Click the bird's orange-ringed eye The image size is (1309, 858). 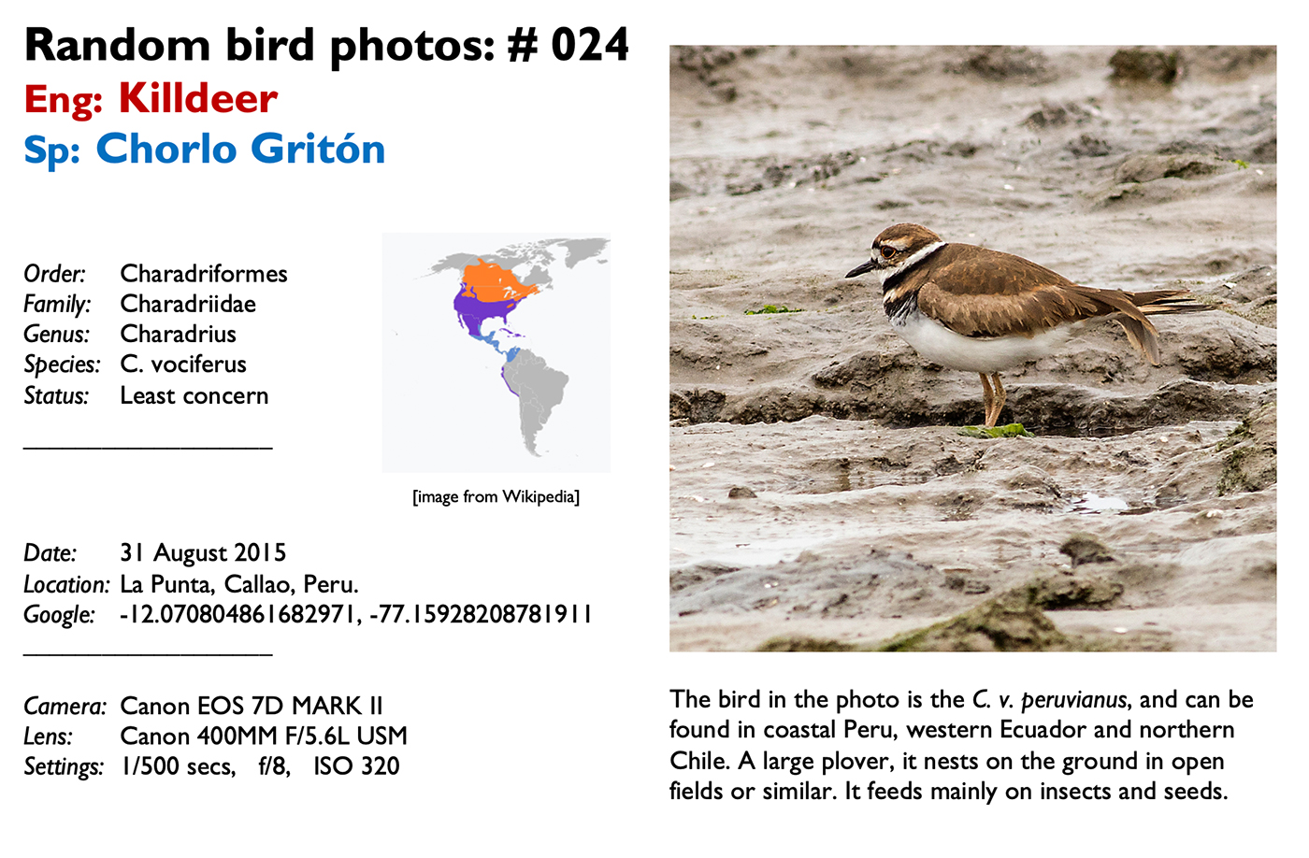coord(888,251)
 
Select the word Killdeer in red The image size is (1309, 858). coord(198,98)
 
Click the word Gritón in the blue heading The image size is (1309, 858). coord(318,148)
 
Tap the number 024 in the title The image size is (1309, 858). coord(590,45)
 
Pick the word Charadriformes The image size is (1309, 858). coord(204,273)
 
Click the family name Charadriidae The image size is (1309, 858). coord(188,304)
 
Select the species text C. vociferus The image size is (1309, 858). coord(183,364)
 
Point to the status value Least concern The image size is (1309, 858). coord(194,395)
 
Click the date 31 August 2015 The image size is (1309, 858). coord(203,552)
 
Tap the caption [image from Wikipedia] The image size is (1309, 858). coord(496,496)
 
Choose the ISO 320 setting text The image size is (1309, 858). coord(356,765)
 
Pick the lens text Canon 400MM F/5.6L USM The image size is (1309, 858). coord(264,736)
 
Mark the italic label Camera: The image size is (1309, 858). coord(65,706)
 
